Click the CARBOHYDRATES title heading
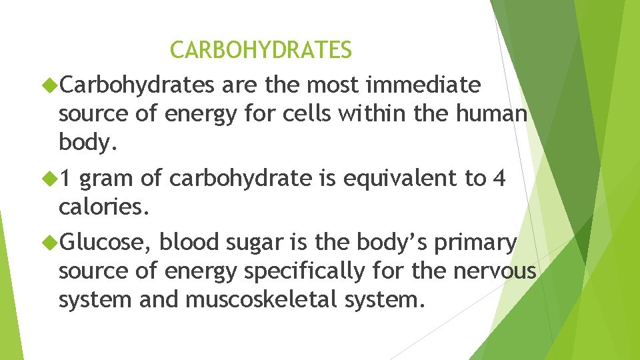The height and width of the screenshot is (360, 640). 261,50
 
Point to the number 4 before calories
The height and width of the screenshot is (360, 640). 498,179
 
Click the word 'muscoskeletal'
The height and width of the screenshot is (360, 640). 264,301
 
